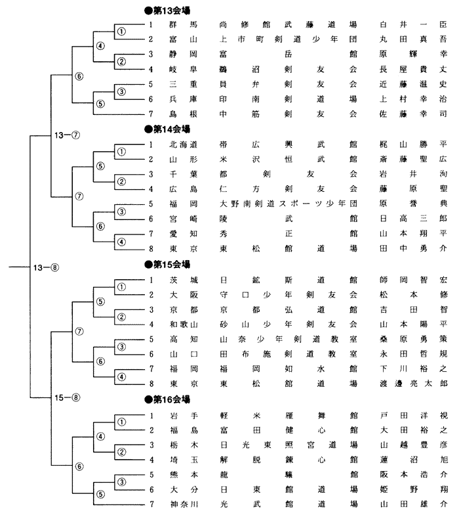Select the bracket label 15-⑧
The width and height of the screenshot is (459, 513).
pyautogui.click(x=66, y=397)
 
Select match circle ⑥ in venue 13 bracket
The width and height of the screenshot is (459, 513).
pyautogui.click(x=80, y=76)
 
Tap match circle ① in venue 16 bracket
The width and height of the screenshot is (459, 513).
pyautogui.click(x=121, y=421)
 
